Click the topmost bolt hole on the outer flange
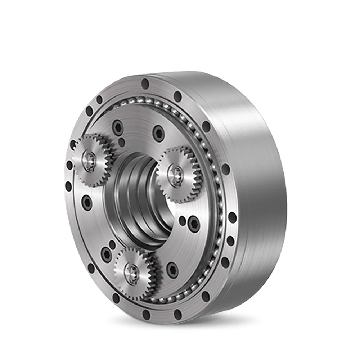145,84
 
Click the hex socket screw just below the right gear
193,224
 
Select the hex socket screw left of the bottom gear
106,254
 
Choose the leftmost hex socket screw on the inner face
87,202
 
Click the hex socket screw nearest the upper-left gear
117,127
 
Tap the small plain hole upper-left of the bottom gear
112,245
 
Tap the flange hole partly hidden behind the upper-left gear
73,144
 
